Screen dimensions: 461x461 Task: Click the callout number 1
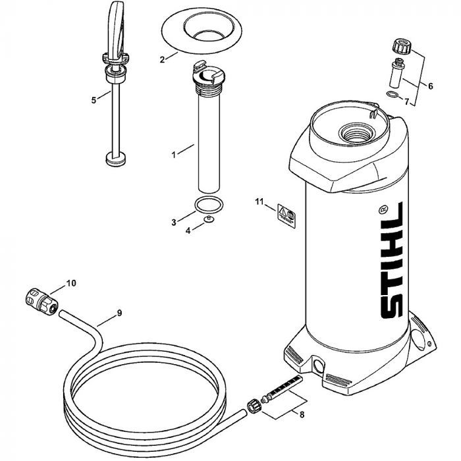point(174,155)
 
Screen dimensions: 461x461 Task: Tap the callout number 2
point(162,60)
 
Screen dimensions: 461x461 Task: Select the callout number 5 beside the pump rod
point(94,100)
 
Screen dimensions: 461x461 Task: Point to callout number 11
point(259,202)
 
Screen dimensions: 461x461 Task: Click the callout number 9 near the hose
point(119,313)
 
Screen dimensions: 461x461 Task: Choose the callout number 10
point(71,283)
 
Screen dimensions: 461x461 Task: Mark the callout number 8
point(302,414)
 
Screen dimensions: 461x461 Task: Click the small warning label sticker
point(286,216)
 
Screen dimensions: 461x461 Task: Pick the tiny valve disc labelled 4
point(209,219)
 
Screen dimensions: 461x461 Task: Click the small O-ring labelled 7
point(393,94)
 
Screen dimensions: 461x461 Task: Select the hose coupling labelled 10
point(41,302)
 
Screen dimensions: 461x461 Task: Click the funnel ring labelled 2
point(202,30)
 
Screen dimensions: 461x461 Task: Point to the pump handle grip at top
point(115,30)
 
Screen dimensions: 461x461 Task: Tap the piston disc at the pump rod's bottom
point(115,159)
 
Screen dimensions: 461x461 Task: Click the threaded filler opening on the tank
point(356,133)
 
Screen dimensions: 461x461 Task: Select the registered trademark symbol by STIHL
point(383,209)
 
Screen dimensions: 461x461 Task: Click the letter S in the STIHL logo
point(392,305)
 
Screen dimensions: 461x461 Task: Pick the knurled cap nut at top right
point(402,46)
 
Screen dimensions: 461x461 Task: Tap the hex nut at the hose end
point(254,406)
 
